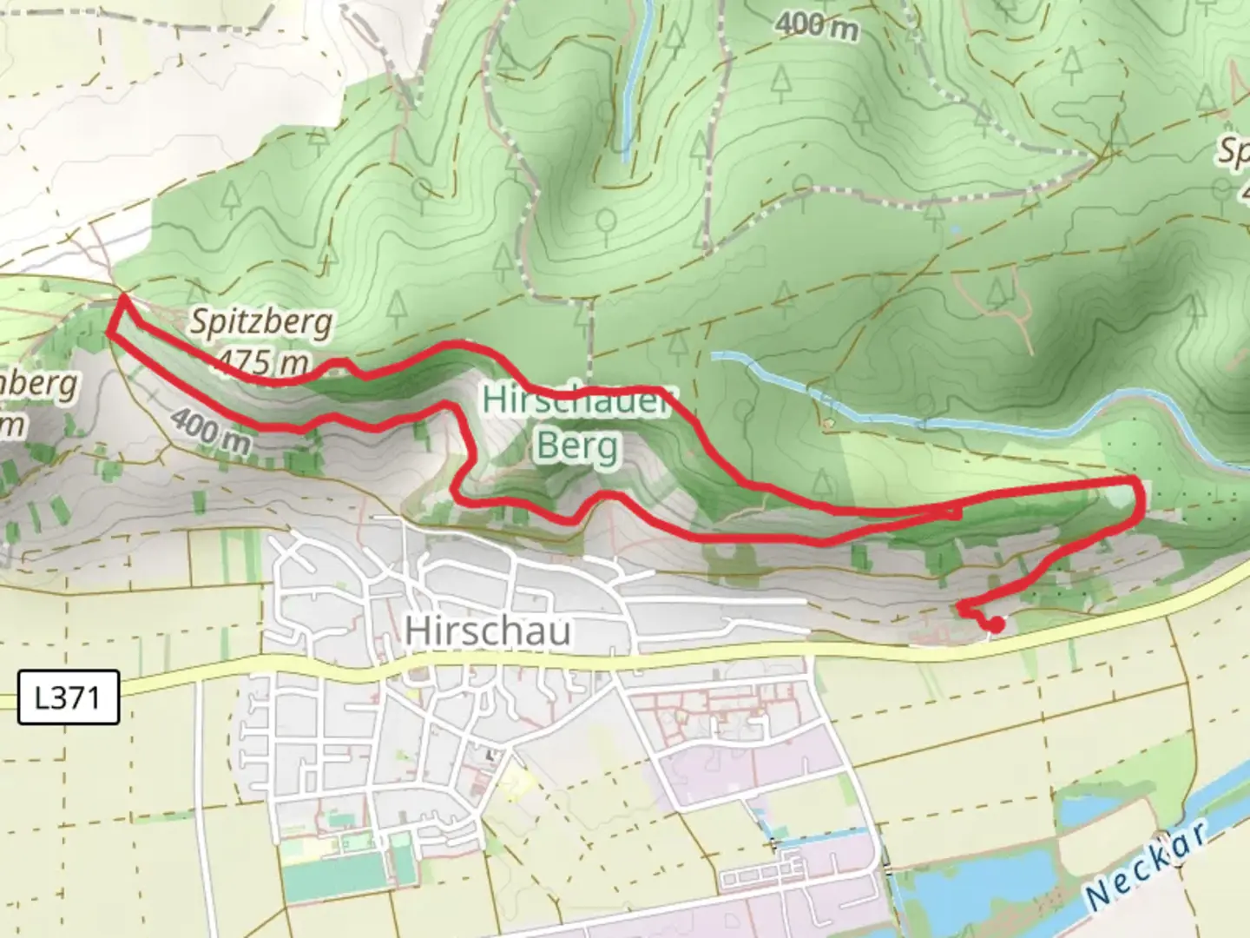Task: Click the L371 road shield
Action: point(68,697)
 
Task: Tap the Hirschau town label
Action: point(488,631)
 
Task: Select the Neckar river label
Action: point(1148,864)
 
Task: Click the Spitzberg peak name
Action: point(260,323)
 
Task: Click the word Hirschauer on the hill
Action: point(577,402)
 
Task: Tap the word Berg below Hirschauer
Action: point(577,446)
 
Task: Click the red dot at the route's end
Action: point(997,624)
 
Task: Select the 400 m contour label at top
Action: point(817,26)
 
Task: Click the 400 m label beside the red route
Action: point(210,432)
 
